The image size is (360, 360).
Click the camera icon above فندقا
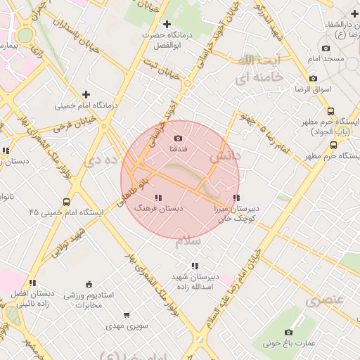(177, 138)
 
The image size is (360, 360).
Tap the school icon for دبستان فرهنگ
(158, 198)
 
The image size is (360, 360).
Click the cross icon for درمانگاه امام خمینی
(86, 94)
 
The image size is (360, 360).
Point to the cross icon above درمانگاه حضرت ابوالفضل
(166, 25)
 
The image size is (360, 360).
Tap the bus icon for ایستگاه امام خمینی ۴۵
(66, 202)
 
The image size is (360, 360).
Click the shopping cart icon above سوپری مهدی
(127, 315)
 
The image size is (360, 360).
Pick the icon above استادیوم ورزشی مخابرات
(89, 284)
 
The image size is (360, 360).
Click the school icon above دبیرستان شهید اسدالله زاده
(194, 265)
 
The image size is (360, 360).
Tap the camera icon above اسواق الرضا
(313, 78)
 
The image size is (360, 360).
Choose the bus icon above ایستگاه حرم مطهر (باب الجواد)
(330, 111)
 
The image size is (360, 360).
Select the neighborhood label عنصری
(325, 300)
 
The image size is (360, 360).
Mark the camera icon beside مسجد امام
(352, 58)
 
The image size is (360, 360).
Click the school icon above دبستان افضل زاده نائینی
(32, 283)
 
